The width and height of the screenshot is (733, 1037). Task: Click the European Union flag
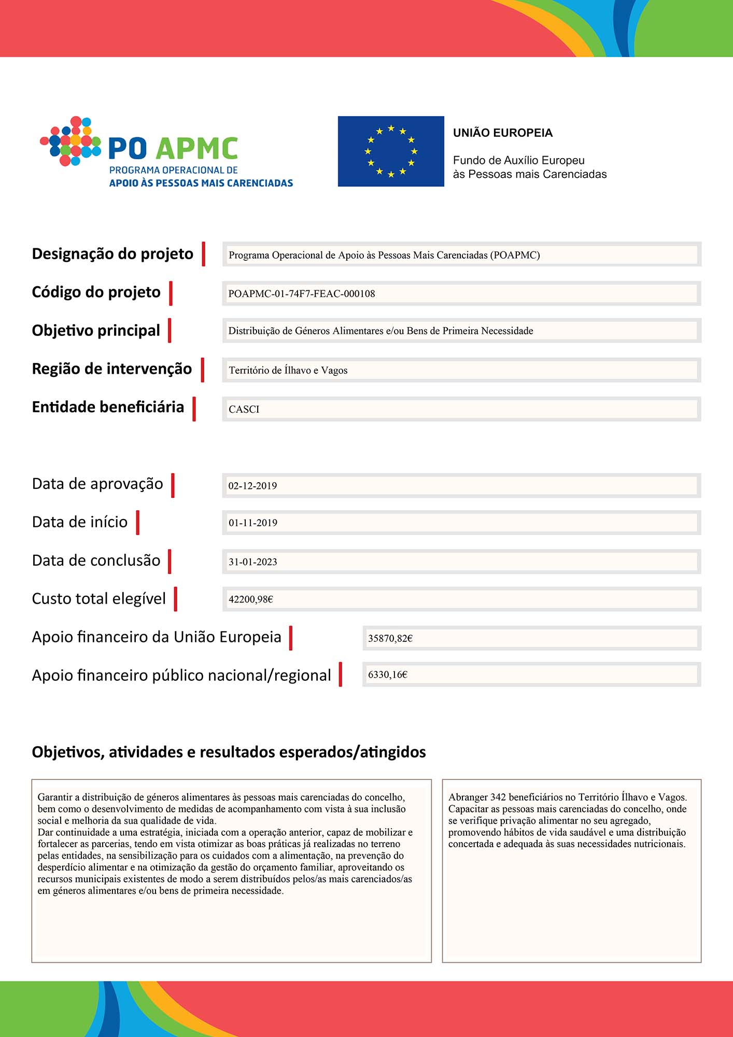[x=391, y=151]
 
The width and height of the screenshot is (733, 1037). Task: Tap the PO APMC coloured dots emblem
[x=71, y=141]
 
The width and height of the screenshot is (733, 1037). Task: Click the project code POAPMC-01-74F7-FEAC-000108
[x=302, y=293]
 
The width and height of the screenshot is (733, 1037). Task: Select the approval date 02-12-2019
[x=252, y=486]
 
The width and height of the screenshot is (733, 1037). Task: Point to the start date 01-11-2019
[x=253, y=523]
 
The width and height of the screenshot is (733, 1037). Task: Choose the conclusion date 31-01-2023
[x=253, y=562]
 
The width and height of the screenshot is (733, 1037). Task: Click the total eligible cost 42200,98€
[x=251, y=599]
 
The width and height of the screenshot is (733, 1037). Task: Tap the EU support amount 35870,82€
[x=390, y=638]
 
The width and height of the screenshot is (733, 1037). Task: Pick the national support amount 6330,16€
[x=388, y=675]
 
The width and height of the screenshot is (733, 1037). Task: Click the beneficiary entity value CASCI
[x=244, y=409]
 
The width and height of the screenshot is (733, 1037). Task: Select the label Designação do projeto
[x=112, y=254]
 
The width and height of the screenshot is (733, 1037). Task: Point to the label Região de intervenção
[x=112, y=369]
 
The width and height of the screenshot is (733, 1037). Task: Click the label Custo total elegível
[x=99, y=599]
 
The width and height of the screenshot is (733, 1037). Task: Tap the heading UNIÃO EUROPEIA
[x=503, y=133]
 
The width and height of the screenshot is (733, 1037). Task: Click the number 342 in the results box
[x=498, y=797]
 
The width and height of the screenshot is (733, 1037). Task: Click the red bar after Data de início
[x=138, y=522]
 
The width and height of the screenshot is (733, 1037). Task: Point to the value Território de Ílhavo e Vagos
[x=288, y=370]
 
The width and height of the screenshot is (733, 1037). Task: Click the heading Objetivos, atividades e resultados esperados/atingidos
[x=229, y=752]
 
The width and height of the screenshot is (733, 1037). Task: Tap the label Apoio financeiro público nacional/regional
[x=181, y=675]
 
